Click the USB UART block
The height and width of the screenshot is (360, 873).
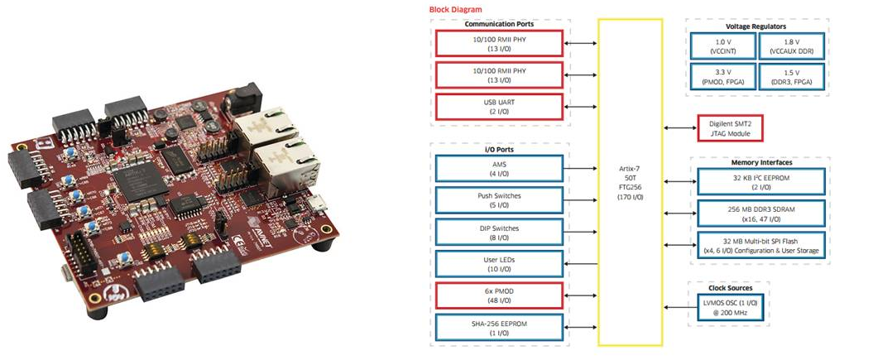pos(499,106)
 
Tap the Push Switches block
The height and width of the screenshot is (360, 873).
pos(499,200)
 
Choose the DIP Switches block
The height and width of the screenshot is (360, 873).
pos(499,232)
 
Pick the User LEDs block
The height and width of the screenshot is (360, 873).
pos(499,264)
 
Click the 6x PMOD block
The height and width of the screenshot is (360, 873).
pos(499,295)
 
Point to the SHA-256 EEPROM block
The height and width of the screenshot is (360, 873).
pos(499,327)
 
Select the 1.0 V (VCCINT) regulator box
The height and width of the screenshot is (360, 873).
pos(723,46)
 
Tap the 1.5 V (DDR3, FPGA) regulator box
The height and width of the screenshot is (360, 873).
pos(791,77)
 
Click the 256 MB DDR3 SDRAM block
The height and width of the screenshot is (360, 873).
pos(761,214)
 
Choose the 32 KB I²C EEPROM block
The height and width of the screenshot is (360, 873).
pos(761,182)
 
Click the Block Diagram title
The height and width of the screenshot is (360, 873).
pos(455,9)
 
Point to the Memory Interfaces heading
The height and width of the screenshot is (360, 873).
pos(760,162)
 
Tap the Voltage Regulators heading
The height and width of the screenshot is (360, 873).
pos(757,26)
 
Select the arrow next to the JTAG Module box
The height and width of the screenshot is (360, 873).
pos(680,128)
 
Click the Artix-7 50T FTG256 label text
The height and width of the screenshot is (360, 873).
pos(630,183)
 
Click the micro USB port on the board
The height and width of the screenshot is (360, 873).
pos(319,204)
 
